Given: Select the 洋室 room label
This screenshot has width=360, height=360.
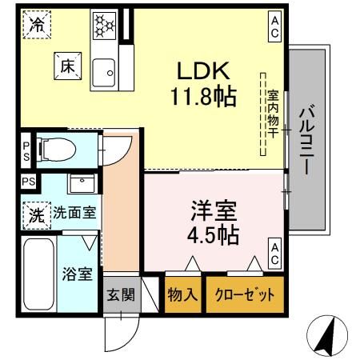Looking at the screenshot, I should click(x=214, y=212).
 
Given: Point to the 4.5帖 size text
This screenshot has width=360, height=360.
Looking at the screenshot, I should click(x=214, y=237).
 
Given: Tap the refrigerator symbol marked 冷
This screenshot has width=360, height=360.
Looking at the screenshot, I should click(x=37, y=24).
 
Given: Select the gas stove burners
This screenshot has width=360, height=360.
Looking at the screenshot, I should click(x=105, y=25).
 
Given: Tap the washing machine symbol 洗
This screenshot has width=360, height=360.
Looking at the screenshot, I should click(x=37, y=214).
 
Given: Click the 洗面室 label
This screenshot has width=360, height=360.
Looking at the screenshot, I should click(x=76, y=214).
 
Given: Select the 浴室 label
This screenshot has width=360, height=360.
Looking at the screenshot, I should click(x=78, y=272).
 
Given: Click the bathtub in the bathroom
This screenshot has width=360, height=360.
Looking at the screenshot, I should click(x=38, y=274).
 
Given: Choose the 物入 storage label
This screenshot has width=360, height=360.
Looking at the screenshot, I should click(x=183, y=294).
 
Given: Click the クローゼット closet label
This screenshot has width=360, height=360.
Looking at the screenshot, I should click(x=244, y=294).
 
